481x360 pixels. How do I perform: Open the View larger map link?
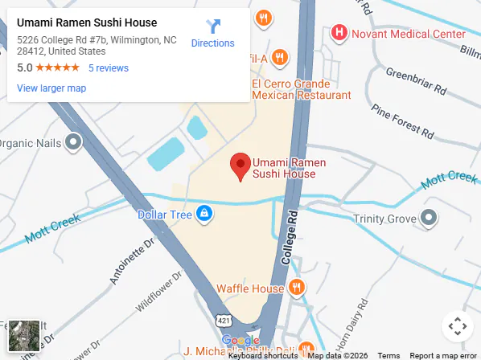tap(51, 88)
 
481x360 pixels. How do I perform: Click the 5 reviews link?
tap(109, 68)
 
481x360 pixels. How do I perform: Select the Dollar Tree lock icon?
tap(204, 214)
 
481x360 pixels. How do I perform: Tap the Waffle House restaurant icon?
tap(296, 288)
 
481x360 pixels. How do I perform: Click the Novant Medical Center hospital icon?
tap(339, 34)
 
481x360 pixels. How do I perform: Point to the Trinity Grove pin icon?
tap(429, 218)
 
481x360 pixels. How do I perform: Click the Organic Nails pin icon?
tap(73, 143)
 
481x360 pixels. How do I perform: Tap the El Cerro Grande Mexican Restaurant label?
tap(302, 89)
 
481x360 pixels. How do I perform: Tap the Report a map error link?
tap(443, 355)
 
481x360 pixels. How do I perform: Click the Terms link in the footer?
tap(388, 355)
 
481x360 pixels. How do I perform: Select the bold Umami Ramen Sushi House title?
tap(87, 22)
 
